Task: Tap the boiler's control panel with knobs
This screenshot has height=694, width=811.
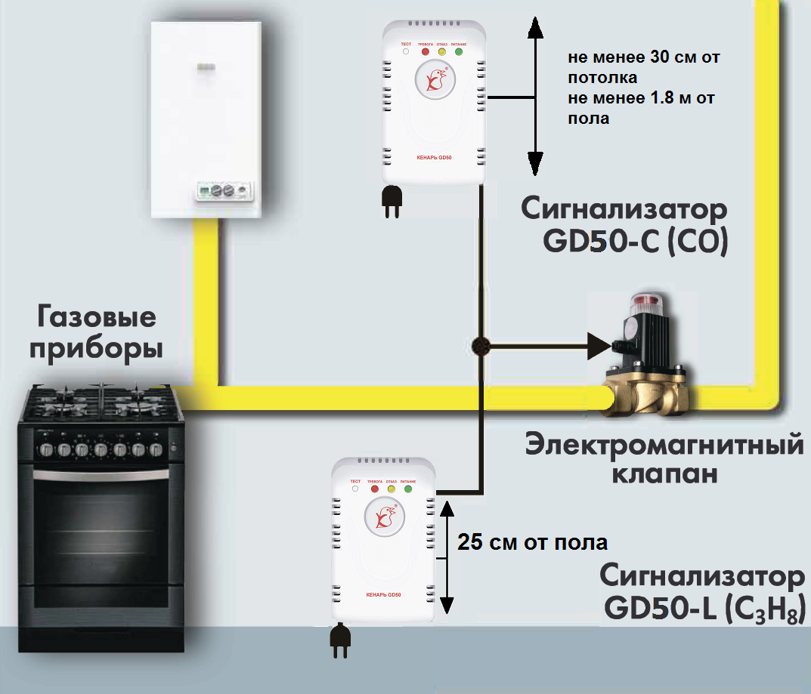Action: pyautogui.click(x=223, y=190)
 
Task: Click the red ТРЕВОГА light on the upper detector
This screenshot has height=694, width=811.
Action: pyautogui.click(x=425, y=52)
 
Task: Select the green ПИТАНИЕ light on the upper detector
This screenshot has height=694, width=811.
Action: pyautogui.click(x=459, y=52)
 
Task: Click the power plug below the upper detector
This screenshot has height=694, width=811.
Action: pyautogui.click(x=391, y=202)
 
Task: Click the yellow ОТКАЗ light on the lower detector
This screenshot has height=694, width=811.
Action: pyautogui.click(x=392, y=489)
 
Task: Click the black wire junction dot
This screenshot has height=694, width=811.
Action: pyautogui.click(x=479, y=347)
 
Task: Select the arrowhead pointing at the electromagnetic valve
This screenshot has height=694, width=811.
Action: pyautogui.click(x=599, y=347)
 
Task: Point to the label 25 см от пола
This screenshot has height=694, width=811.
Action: pyautogui.click(x=532, y=543)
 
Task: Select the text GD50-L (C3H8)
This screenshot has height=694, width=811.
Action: pyautogui.click(x=702, y=609)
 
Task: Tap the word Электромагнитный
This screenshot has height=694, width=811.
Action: pyautogui.click(x=664, y=445)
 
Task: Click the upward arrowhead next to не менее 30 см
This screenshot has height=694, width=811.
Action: pyautogui.click(x=534, y=28)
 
